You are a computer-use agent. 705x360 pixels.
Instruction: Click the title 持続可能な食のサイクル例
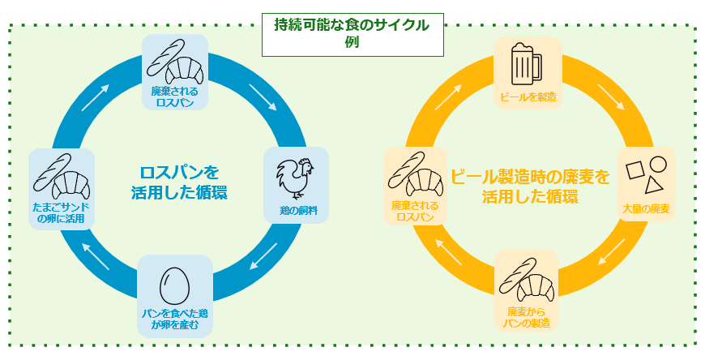[x=352, y=33]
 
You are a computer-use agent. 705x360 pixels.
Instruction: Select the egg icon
[x=174, y=285]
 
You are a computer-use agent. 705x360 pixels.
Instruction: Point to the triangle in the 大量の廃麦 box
[x=655, y=188]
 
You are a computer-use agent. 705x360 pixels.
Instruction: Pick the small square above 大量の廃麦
[x=636, y=170]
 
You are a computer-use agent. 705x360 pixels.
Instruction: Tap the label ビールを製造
[x=528, y=98]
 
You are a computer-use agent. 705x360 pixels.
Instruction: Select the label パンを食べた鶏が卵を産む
[x=175, y=319]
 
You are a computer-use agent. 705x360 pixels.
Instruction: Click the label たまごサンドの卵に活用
[x=61, y=212]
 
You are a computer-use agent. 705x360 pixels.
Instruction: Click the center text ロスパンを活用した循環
[x=179, y=182]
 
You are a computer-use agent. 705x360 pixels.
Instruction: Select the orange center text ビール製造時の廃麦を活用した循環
[x=529, y=186]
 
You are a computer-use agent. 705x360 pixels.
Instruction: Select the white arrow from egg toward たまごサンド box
[x=96, y=258]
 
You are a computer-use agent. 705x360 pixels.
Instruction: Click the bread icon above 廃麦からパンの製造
[x=526, y=278]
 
